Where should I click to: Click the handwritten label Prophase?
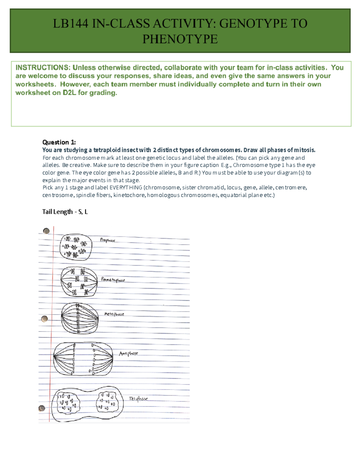click(x=107, y=240)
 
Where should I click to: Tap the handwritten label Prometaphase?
click(x=113, y=280)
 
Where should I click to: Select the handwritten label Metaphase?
click(x=114, y=314)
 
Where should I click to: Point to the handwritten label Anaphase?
click(x=128, y=353)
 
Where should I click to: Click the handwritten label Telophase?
click(x=138, y=399)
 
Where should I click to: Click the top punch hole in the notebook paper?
click(x=46, y=231)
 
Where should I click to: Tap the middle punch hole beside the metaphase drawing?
click(x=45, y=319)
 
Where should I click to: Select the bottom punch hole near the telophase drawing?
click(x=42, y=408)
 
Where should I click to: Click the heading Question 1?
click(x=59, y=142)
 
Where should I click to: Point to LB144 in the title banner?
click(x=70, y=24)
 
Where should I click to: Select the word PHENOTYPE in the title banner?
click(x=180, y=39)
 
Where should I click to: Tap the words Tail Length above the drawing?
click(x=57, y=212)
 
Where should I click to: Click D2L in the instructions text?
click(x=69, y=93)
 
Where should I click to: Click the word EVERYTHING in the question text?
click(x=126, y=188)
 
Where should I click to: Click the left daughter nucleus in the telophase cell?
click(x=66, y=402)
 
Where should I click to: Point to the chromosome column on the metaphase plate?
click(x=78, y=318)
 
